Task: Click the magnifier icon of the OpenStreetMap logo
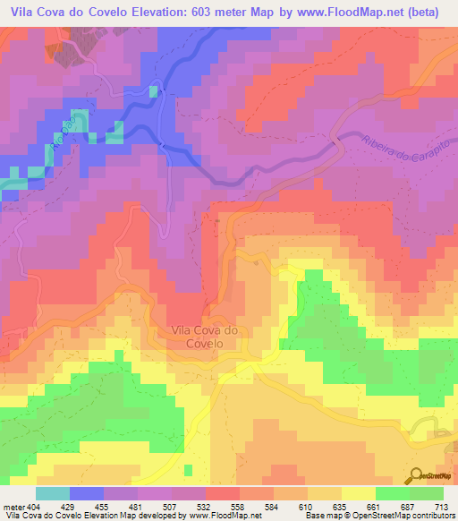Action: [417, 476]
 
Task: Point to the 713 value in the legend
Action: [443, 506]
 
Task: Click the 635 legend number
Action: [320, 506]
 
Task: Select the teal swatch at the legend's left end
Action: [52, 493]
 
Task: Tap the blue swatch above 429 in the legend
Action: [86, 493]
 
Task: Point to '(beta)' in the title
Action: [428, 12]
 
